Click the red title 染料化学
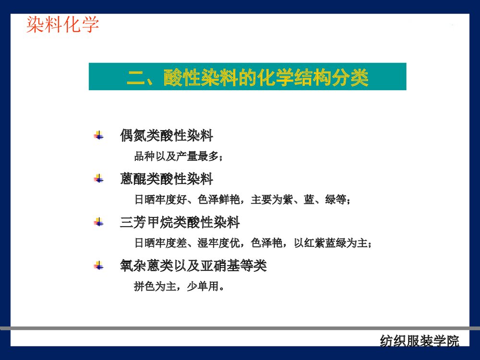62,24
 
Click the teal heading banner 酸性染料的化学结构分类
247,77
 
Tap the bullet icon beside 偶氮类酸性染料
98,135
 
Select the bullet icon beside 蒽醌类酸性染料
98,179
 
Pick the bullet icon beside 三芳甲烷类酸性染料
98,222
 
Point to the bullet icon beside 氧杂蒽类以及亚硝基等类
98,265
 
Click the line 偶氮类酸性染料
166,136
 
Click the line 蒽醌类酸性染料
166,180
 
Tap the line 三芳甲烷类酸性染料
180,222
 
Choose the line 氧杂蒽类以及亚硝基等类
193,265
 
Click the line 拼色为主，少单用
179,287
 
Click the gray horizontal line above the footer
240,328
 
